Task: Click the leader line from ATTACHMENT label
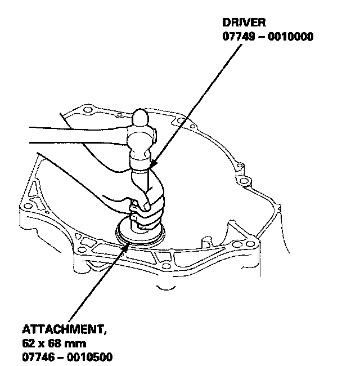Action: coord(96,282)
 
